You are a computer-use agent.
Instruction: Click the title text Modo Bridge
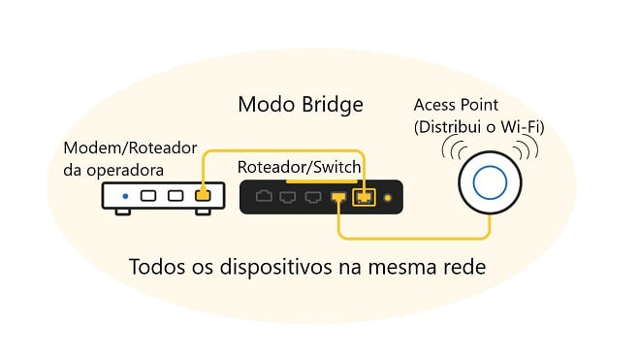pyautogui.click(x=300, y=104)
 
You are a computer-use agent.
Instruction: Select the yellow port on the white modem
pyautogui.click(x=202, y=194)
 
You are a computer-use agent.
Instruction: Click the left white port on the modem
pyautogui.click(x=150, y=195)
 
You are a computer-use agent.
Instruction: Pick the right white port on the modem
pyautogui.click(x=176, y=195)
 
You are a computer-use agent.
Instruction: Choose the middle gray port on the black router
pyautogui.click(x=289, y=197)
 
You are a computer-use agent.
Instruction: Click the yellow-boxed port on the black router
pyautogui.click(x=364, y=197)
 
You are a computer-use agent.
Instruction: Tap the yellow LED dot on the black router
pyautogui.click(x=389, y=198)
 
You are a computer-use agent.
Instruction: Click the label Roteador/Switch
pyautogui.click(x=300, y=167)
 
